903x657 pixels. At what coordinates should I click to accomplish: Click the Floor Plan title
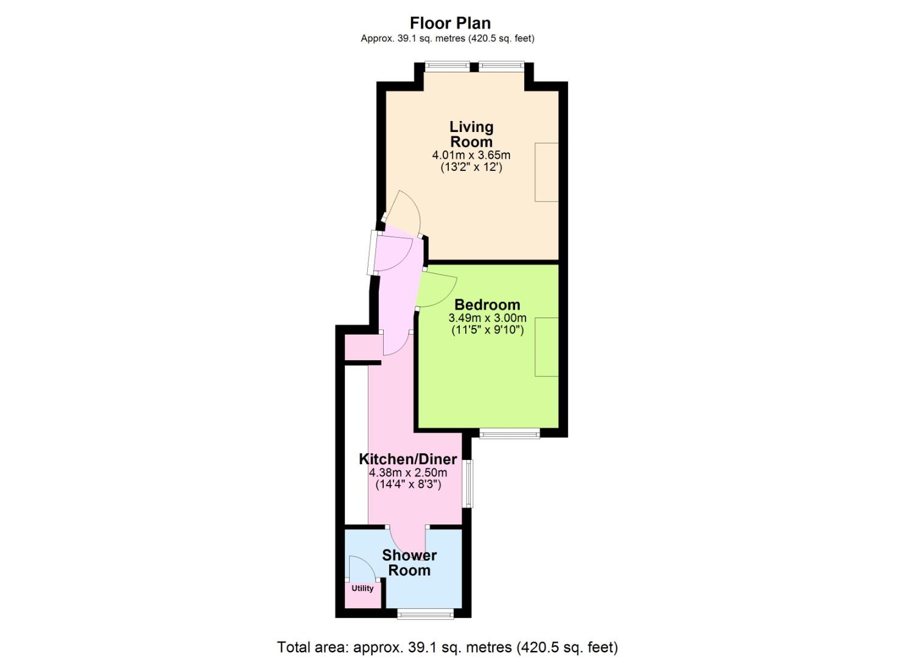pyautogui.click(x=451, y=23)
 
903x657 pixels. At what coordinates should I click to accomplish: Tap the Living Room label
pyautogui.click(x=471, y=134)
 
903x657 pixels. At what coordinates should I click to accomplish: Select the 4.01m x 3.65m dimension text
pyautogui.click(x=471, y=155)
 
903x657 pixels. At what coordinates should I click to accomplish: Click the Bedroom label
pyautogui.click(x=488, y=305)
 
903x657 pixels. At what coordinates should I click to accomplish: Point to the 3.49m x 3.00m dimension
pyautogui.click(x=488, y=318)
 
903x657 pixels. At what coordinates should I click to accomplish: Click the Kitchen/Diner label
pyautogui.click(x=408, y=459)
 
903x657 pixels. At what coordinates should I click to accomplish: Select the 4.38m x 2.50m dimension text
pyautogui.click(x=408, y=472)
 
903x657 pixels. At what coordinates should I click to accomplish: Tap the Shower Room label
pyautogui.click(x=409, y=563)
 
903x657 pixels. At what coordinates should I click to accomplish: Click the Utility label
pyautogui.click(x=362, y=588)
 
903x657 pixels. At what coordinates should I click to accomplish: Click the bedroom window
pyautogui.click(x=510, y=434)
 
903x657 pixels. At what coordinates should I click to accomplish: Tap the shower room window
pyautogui.click(x=426, y=615)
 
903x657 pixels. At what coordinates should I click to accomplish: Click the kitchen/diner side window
pyautogui.click(x=468, y=484)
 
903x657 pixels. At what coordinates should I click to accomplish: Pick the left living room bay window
pyautogui.click(x=448, y=66)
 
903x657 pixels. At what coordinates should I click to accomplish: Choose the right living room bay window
pyautogui.click(x=502, y=66)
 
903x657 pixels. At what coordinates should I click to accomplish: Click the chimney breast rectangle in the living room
pyautogui.click(x=547, y=172)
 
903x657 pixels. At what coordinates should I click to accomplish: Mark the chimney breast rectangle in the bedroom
pyautogui.click(x=547, y=347)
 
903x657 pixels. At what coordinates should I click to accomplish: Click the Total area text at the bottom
pyautogui.click(x=448, y=647)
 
